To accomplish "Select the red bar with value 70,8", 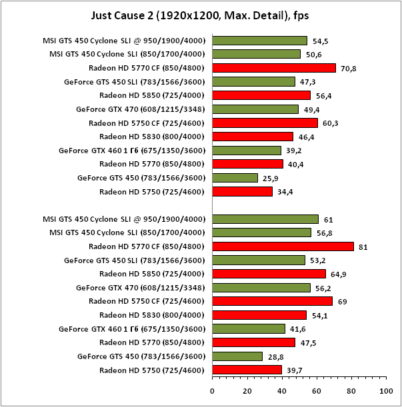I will (274, 68).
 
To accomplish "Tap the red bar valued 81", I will (283, 246).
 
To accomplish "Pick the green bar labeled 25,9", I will (235, 178).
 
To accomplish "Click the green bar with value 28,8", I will (237, 356).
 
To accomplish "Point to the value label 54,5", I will (321, 41).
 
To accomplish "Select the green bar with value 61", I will (265, 219).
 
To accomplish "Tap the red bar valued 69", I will (272, 301).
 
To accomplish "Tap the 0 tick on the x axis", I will (213, 390).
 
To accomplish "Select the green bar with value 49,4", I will (255, 109).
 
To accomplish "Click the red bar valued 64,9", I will (269, 274).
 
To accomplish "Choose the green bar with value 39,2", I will (247, 151).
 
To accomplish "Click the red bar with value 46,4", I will (253, 137).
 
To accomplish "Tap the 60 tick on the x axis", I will (317, 390).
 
